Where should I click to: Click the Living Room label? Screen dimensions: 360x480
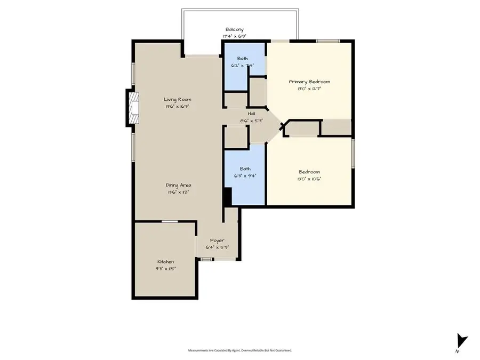(177, 99)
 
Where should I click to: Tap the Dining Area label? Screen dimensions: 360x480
(177, 185)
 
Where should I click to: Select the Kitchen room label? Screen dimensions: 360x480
(165, 261)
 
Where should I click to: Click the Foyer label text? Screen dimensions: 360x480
(217, 241)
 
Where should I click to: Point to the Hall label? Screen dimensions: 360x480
(251, 114)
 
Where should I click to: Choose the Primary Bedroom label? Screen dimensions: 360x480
(309, 82)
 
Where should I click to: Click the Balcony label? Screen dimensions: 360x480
(235, 30)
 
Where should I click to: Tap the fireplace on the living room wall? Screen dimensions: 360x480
(132, 108)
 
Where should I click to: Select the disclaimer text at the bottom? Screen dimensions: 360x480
(240, 350)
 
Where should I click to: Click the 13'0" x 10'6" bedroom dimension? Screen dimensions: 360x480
(309, 179)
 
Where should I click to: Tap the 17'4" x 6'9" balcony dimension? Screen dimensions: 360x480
(235, 36)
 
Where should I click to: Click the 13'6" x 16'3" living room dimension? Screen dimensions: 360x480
(177, 106)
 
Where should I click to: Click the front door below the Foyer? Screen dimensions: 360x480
(217, 259)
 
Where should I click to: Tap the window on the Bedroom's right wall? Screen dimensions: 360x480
(353, 155)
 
